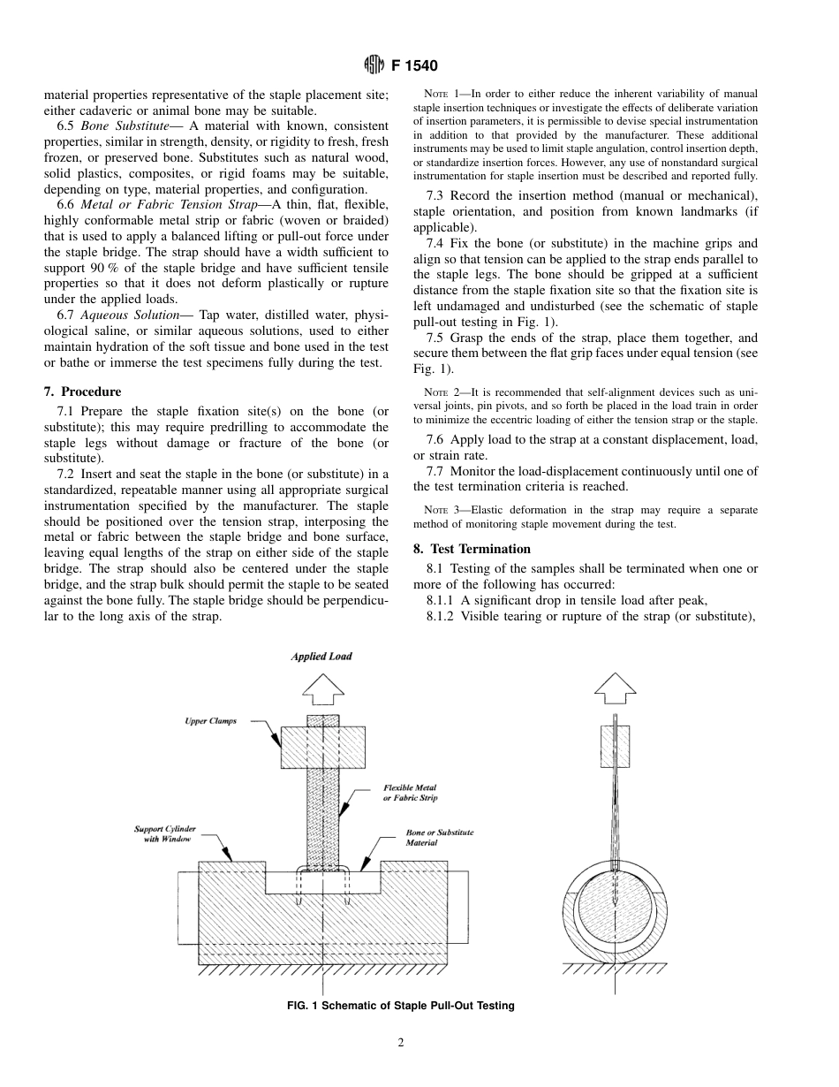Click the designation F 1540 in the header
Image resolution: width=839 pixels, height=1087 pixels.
tap(414, 65)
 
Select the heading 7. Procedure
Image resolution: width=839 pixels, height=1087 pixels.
tap(82, 391)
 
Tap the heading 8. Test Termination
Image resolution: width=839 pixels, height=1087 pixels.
tap(472, 548)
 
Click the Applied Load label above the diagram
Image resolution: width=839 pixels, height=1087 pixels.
tap(321, 657)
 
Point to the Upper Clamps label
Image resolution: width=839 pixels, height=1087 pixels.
tap(210, 721)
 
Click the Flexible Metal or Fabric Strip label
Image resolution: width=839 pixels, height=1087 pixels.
tap(410, 792)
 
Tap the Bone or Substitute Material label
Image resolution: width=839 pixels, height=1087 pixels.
tap(439, 838)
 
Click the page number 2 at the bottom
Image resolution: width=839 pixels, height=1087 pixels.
tap(401, 1043)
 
